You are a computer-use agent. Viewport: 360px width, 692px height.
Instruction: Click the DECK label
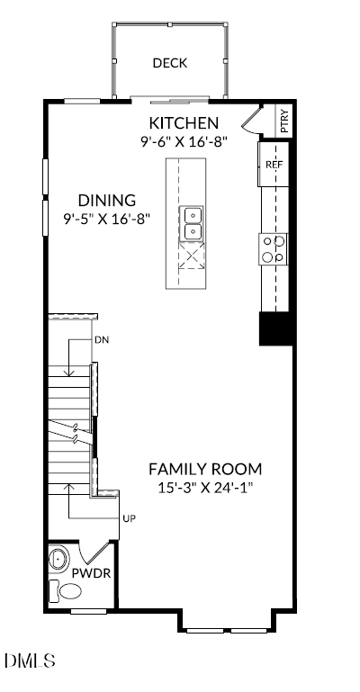click(x=169, y=63)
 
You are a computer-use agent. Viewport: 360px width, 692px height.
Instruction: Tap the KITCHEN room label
click(x=184, y=123)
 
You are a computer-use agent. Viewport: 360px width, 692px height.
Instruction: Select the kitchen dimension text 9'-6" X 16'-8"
click(x=184, y=141)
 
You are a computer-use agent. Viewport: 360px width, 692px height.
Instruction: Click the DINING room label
click(x=106, y=200)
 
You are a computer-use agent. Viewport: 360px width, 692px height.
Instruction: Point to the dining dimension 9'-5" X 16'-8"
click(x=106, y=218)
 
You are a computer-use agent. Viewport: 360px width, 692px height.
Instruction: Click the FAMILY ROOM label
click(x=205, y=469)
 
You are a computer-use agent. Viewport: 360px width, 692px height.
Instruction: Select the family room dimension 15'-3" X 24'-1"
click(x=205, y=488)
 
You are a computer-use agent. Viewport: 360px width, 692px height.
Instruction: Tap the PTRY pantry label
click(x=284, y=121)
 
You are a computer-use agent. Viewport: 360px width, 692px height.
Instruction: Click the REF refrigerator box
click(x=274, y=165)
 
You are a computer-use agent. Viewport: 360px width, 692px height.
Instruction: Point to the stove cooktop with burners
click(x=274, y=249)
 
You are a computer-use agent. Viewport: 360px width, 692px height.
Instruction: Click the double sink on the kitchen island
click(x=193, y=223)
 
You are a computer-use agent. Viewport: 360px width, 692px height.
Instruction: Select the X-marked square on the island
click(x=192, y=259)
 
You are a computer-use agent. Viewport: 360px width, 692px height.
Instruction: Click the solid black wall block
click(x=276, y=328)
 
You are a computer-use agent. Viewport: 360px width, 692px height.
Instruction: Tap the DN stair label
click(x=102, y=341)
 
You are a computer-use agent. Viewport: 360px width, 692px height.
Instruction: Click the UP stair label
click(x=128, y=519)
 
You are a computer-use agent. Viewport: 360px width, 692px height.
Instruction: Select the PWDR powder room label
click(x=98, y=571)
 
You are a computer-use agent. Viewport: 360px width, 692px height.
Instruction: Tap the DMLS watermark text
click(x=30, y=661)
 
